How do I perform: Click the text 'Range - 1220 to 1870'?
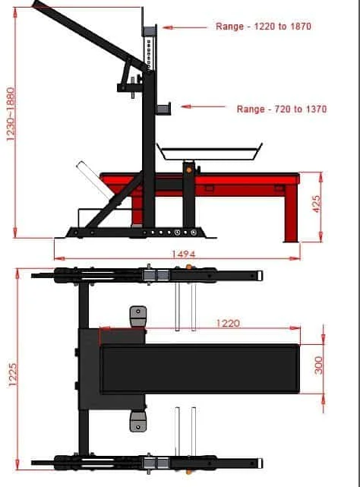click(263, 27)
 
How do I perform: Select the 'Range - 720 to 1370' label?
click(281, 109)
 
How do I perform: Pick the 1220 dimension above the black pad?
click(228, 323)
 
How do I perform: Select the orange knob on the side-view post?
click(188, 169)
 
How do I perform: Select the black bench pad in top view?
click(201, 368)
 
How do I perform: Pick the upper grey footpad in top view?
click(137, 314)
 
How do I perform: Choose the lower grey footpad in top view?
click(137, 422)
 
